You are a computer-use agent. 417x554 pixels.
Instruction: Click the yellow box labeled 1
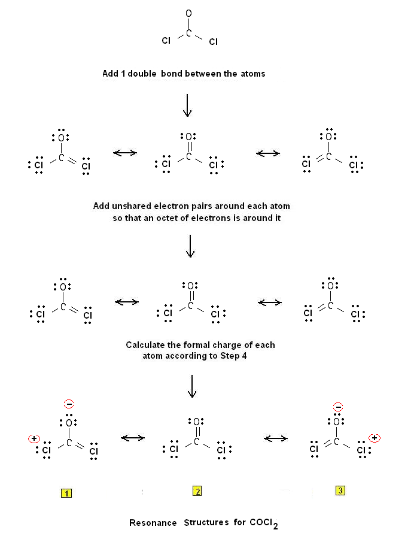point(66,494)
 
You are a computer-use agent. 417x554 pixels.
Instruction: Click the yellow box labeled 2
point(197,492)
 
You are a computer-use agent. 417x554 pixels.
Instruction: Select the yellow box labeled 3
point(340,491)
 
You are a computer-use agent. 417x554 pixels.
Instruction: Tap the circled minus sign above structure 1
point(69,404)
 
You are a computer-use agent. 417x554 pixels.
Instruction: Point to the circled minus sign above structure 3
point(338,407)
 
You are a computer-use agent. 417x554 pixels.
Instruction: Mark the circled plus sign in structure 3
point(374,438)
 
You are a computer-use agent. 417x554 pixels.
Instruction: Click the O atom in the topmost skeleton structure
point(189,13)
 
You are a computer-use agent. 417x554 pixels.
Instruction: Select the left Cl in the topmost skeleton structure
point(166,42)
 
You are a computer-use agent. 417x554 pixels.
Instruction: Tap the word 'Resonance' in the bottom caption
point(153,523)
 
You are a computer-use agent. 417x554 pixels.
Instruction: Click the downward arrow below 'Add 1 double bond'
point(187,105)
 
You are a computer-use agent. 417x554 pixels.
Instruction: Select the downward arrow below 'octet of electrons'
point(190,246)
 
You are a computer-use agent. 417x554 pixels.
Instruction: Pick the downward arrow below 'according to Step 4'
point(191,386)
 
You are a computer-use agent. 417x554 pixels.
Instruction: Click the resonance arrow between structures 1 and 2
point(133,438)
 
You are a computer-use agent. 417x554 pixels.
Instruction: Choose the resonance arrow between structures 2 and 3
point(276,438)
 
